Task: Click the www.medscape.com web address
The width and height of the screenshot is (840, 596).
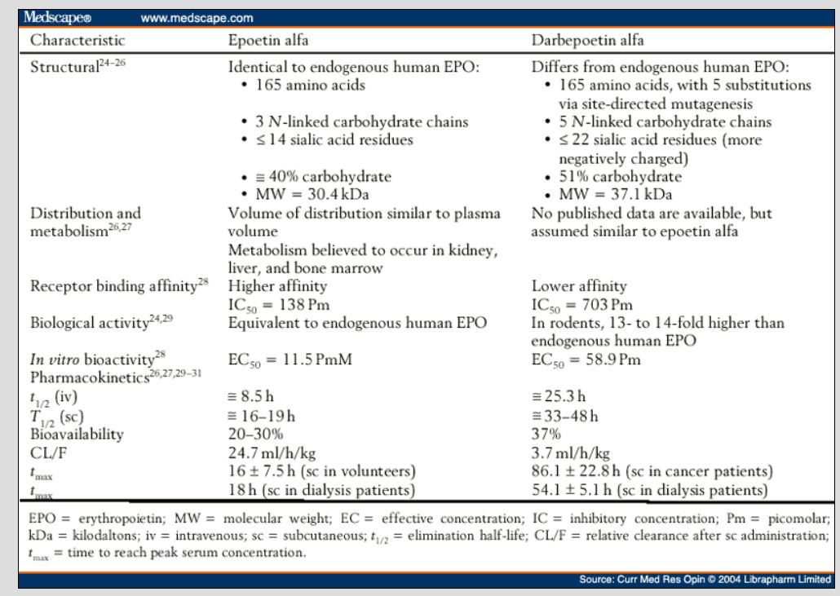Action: click(197, 17)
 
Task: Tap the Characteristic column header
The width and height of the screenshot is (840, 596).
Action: click(77, 38)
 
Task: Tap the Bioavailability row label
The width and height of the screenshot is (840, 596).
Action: click(77, 434)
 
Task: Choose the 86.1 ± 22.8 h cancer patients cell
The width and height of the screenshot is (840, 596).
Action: click(649, 471)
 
